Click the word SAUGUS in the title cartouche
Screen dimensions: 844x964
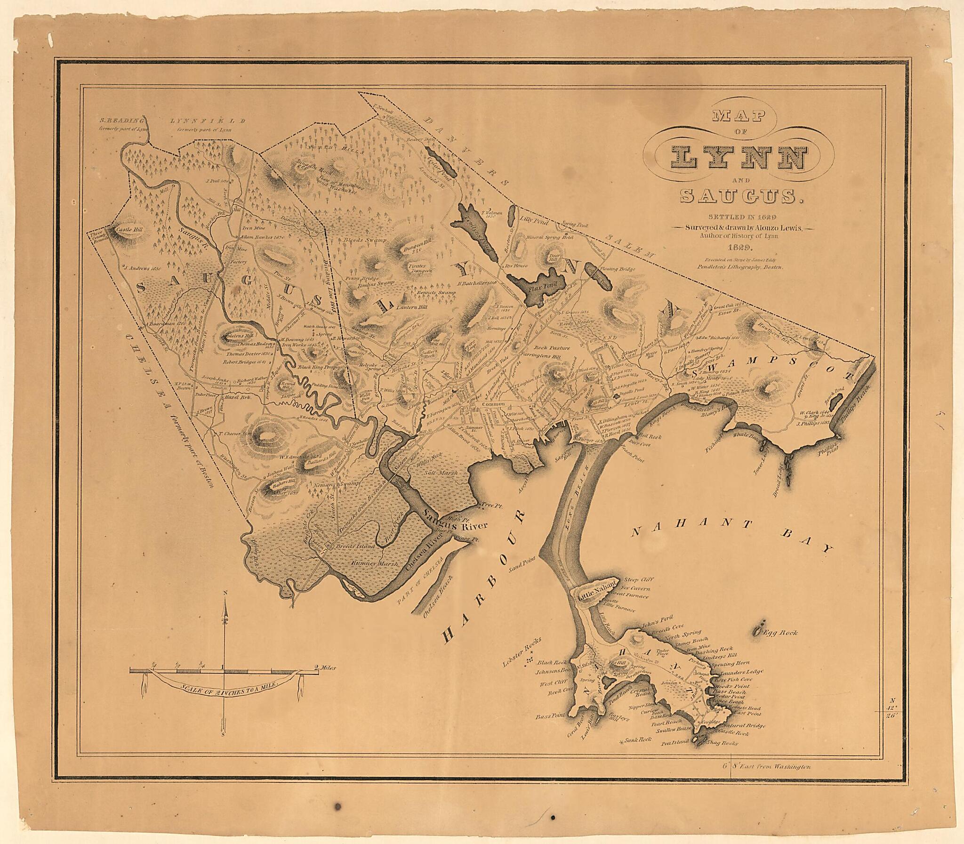point(741,196)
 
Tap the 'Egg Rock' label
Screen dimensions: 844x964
point(780,633)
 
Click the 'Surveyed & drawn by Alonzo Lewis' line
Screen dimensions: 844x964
point(739,227)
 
